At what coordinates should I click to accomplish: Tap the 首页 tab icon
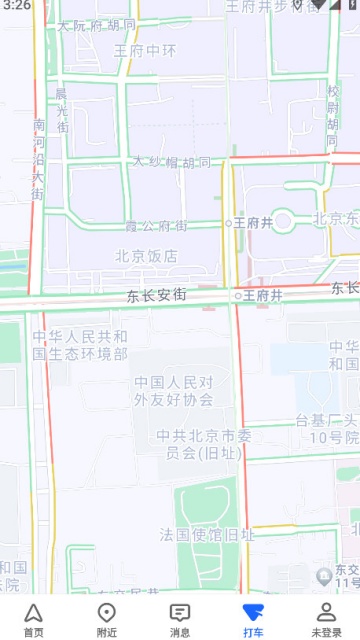[x=34, y=613]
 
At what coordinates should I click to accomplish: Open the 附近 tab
[x=107, y=613]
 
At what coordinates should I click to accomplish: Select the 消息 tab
[x=180, y=613]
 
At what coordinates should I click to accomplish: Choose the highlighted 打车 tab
[x=253, y=613]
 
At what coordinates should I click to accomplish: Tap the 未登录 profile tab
[x=326, y=613]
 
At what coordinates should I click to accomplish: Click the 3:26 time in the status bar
[x=17, y=6]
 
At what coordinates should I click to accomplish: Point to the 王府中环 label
[x=145, y=49]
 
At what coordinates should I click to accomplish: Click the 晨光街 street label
[x=62, y=111]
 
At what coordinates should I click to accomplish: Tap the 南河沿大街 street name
[x=39, y=159]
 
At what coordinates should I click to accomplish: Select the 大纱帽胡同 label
[x=172, y=162]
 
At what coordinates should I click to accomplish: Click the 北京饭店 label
[x=146, y=256]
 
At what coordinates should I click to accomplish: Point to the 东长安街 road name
[x=157, y=296]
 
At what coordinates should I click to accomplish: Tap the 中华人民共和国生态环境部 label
[x=79, y=345]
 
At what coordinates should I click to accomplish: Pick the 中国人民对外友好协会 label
[x=174, y=390]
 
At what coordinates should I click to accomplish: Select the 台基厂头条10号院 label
[x=326, y=429]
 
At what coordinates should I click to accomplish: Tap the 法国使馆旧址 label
[x=207, y=536]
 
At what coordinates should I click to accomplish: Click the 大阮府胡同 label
[x=96, y=25]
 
